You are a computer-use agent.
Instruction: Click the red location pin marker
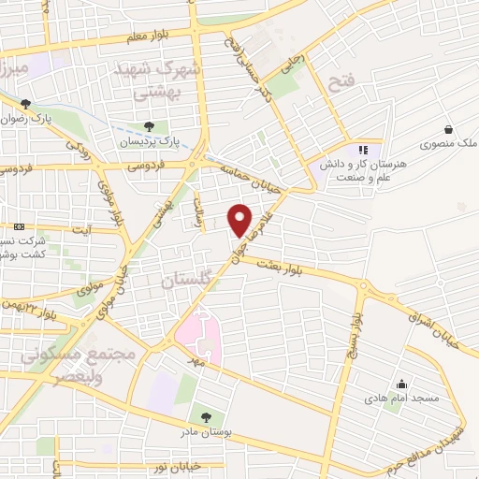point(241,220)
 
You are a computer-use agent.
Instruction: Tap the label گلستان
point(188,279)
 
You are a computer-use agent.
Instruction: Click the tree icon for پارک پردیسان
point(150,126)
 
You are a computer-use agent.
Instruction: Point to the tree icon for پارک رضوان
point(25,105)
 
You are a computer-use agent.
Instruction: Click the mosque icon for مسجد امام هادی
point(402,383)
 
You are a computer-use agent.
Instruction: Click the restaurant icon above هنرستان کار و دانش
point(363,150)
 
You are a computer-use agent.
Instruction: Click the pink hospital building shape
point(195,338)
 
